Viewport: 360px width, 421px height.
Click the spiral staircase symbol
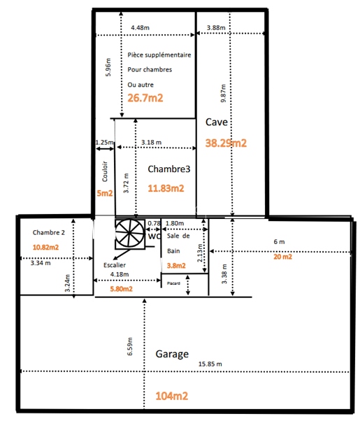pos(130,233)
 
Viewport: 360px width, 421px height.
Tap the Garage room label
pos(172,354)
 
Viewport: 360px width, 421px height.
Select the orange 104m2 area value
pos(172,396)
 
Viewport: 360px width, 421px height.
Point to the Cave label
pos(217,122)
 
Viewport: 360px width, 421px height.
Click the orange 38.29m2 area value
pos(226,143)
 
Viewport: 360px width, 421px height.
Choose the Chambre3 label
pos(169,169)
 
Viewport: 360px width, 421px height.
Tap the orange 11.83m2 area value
pos(166,188)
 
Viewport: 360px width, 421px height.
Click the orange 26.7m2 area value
pos(145,98)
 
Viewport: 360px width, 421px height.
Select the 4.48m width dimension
pos(140,28)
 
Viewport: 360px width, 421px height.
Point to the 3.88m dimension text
pos(216,28)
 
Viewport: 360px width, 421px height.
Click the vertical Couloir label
pos(105,171)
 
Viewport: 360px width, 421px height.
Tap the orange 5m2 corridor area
pos(105,193)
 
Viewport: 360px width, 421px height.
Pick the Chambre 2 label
pos(49,232)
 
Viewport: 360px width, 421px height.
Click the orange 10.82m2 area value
pos(45,248)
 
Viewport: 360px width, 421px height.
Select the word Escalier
pos(115,265)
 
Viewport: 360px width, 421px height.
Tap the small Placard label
pos(173,283)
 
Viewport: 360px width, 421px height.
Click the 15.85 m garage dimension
pos(210,364)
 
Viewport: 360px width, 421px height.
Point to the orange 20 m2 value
pos(282,257)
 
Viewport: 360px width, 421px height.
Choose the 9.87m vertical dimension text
pos(224,93)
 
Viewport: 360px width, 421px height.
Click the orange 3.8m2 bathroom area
pos(176,266)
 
